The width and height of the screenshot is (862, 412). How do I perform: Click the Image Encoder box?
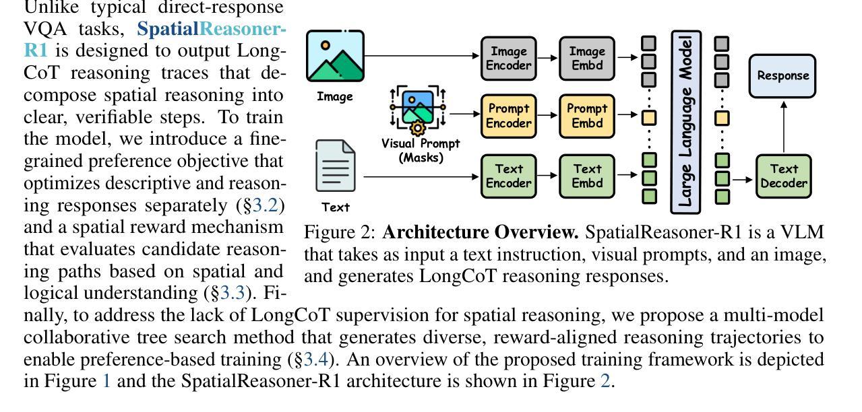509,59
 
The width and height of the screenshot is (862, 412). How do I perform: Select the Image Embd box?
587,59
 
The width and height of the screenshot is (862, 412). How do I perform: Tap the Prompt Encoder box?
509,116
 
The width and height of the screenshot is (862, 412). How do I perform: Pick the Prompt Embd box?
587,116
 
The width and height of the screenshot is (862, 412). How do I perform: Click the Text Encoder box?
509,176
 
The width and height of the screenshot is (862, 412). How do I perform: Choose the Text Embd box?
587,176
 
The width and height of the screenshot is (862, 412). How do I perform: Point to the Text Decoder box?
783,176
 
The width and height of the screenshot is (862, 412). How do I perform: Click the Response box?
783,75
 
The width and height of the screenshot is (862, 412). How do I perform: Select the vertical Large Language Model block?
685,122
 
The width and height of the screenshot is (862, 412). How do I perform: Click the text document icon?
335,166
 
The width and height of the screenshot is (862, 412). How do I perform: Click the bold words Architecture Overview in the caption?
481,233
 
